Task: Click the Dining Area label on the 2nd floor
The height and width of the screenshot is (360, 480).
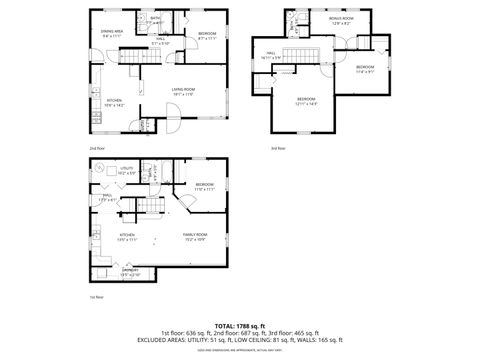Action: pyautogui.click(x=112, y=34)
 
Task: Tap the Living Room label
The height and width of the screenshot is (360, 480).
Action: pyautogui.click(x=182, y=92)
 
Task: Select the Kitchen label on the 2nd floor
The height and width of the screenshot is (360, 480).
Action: pyautogui.click(x=114, y=103)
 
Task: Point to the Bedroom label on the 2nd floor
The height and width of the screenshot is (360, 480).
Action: pyautogui.click(x=207, y=36)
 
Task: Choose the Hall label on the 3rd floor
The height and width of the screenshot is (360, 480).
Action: pyautogui.click(x=271, y=56)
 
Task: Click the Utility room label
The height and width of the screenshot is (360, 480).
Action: pyautogui.click(x=127, y=171)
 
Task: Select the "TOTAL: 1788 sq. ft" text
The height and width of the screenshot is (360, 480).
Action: pyautogui.click(x=240, y=326)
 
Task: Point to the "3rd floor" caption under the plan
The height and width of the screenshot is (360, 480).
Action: pyautogui.click(x=277, y=149)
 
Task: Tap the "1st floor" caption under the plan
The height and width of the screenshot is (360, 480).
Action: pyautogui.click(x=97, y=297)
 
